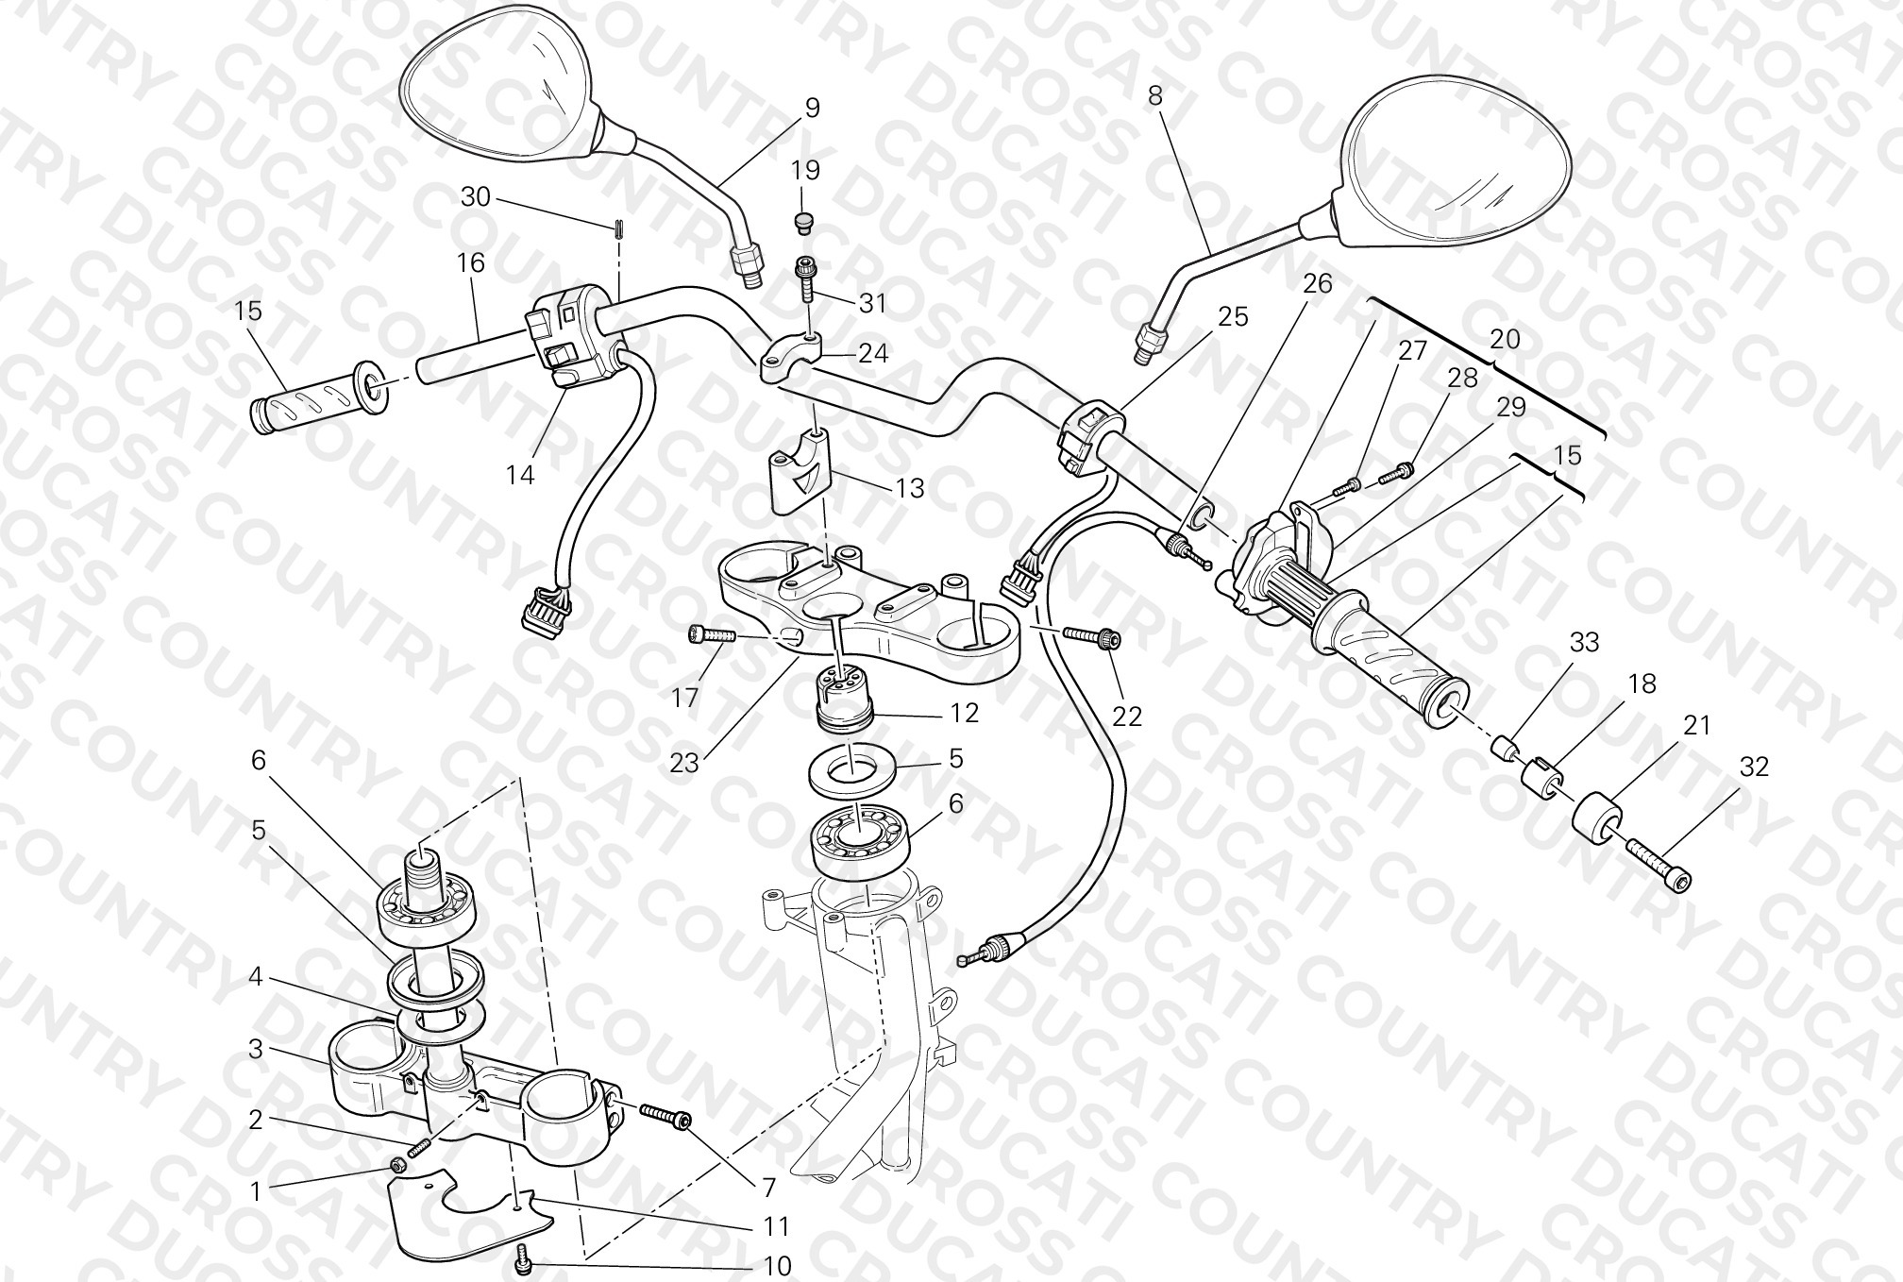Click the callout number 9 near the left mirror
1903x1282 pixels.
click(812, 108)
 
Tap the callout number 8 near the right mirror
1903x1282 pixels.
click(1154, 94)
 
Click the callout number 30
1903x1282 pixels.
click(476, 196)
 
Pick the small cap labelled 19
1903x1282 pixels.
click(803, 223)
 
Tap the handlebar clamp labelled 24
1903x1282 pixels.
click(791, 358)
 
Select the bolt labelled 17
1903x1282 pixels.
click(712, 636)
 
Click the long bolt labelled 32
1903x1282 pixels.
click(1659, 863)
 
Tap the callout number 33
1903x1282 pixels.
click(1584, 642)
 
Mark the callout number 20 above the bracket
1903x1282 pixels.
click(1505, 338)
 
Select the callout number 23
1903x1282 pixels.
click(684, 763)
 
